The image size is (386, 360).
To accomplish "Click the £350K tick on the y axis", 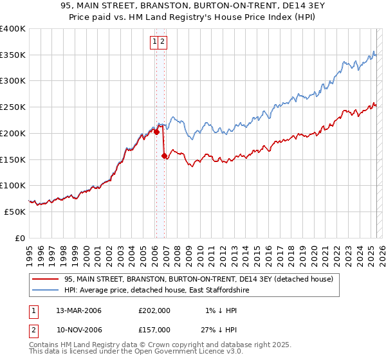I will [x=13, y=55].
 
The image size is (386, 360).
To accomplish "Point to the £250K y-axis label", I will [x=13, y=107].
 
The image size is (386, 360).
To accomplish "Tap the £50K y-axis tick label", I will [x=15, y=212].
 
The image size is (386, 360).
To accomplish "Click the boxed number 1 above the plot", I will [x=155, y=42].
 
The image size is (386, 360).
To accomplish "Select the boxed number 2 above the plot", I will [x=163, y=42].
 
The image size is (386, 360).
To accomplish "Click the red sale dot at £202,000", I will [x=156, y=132].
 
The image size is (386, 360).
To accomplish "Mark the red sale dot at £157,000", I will [x=164, y=156].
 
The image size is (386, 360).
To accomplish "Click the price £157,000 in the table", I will [x=154, y=329].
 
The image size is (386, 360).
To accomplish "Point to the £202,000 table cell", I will [x=154, y=310].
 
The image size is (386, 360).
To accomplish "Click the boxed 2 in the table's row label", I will [x=33, y=329].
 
